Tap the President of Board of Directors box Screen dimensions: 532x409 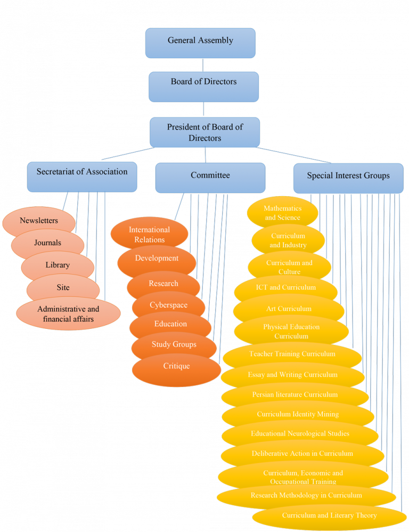(204, 132)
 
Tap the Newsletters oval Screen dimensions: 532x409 (38, 221)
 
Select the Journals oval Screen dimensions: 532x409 (47, 243)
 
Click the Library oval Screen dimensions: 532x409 (58, 265)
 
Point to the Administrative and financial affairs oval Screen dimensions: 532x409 (68, 314)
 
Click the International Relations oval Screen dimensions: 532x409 (149, 235)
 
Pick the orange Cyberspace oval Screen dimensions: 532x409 (168, 305)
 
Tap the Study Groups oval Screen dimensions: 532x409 (174, 345)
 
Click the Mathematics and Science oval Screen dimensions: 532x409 (282, 213)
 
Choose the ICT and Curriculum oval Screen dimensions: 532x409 (285, 288)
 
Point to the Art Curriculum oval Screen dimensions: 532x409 (289, 309)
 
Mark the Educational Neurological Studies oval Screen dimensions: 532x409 (300, 434)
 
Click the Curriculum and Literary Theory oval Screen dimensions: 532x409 (329, 516)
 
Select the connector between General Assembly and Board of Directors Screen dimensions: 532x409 (202, 65)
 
